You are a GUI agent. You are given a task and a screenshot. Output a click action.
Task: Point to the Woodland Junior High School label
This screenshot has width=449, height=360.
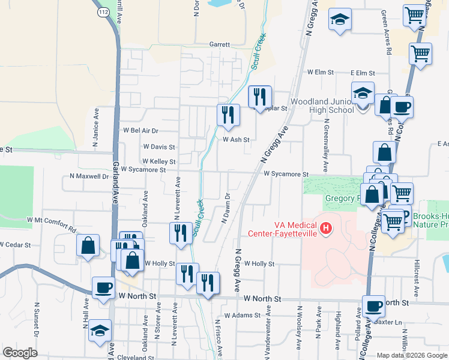click(x=323, y=106)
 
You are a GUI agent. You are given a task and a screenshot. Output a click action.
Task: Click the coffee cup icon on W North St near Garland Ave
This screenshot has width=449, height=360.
click(x=103, y=287)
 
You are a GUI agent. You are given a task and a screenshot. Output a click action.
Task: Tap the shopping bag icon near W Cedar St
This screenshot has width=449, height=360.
click(x=88, y=245)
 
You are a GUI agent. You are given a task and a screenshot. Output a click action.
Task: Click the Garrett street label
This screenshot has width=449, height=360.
click(x=220, y=44)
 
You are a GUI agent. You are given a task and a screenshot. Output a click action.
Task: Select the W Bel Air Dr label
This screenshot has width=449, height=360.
click(x=140, y=130)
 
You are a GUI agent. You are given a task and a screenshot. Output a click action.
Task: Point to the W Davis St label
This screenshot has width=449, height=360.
click(x=159, y=146)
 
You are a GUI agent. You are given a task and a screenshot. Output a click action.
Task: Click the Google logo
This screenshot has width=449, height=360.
click(x=20, y=353)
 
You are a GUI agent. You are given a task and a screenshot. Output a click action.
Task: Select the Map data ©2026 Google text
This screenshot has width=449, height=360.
click(x=411, y=355)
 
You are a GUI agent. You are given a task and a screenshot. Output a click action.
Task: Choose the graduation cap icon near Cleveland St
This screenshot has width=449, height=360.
click(x=100, y=331)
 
